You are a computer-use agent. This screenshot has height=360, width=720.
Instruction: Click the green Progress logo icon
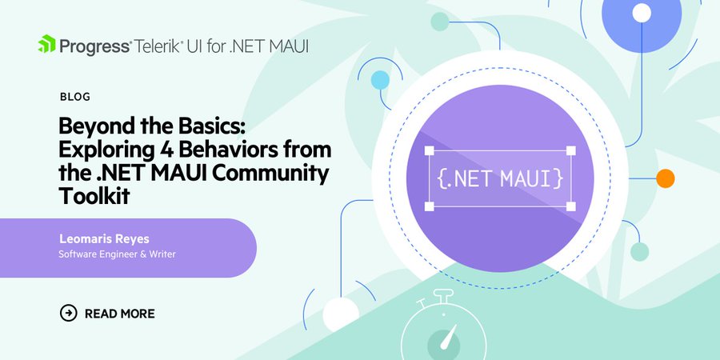point(46,44)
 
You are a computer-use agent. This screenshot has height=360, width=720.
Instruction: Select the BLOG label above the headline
point(75,97)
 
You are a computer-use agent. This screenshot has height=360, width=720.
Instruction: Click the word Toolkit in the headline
point(94,197)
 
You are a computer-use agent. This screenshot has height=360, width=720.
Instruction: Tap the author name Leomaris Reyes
point(104,238)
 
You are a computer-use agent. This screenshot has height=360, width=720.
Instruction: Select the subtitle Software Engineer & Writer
point(117,254)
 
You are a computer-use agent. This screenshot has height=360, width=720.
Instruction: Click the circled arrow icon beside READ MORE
point(69,313)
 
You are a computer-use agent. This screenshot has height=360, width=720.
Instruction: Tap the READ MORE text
point(120,314)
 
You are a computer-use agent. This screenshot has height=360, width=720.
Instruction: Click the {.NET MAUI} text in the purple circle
point(500,178)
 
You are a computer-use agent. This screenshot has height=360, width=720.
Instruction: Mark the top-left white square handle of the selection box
point(430,150)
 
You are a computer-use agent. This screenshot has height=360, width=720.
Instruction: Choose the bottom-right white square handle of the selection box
point(570,206)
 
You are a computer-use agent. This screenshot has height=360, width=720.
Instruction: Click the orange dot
point(665,178)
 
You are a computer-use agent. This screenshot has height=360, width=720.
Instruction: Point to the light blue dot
point(380,80)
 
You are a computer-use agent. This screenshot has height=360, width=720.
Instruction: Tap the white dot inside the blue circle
point(642,13)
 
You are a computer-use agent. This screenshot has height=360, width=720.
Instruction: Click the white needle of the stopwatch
point(448,337)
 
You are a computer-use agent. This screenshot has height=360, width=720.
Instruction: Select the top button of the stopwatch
point(443,295)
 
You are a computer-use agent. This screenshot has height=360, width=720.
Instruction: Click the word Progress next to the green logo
point(95,47)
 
